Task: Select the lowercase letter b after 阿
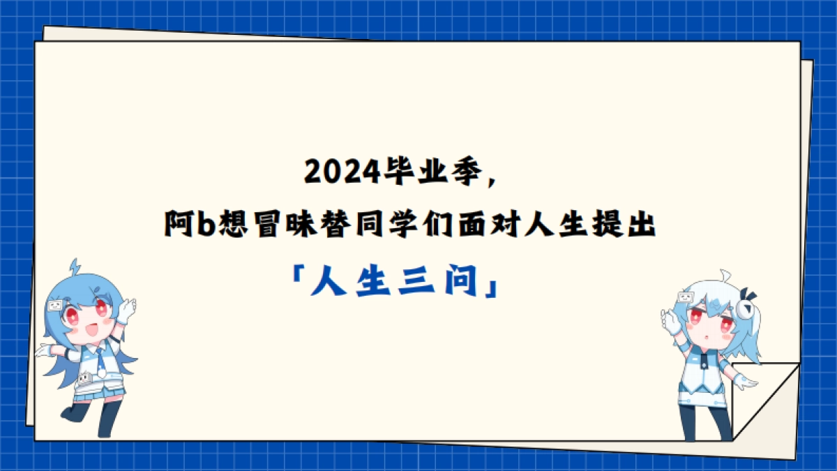point(205,225)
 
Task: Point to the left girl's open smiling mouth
point(89,331)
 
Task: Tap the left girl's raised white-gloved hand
point(126,308)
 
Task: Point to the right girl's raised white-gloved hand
point(670,321)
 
